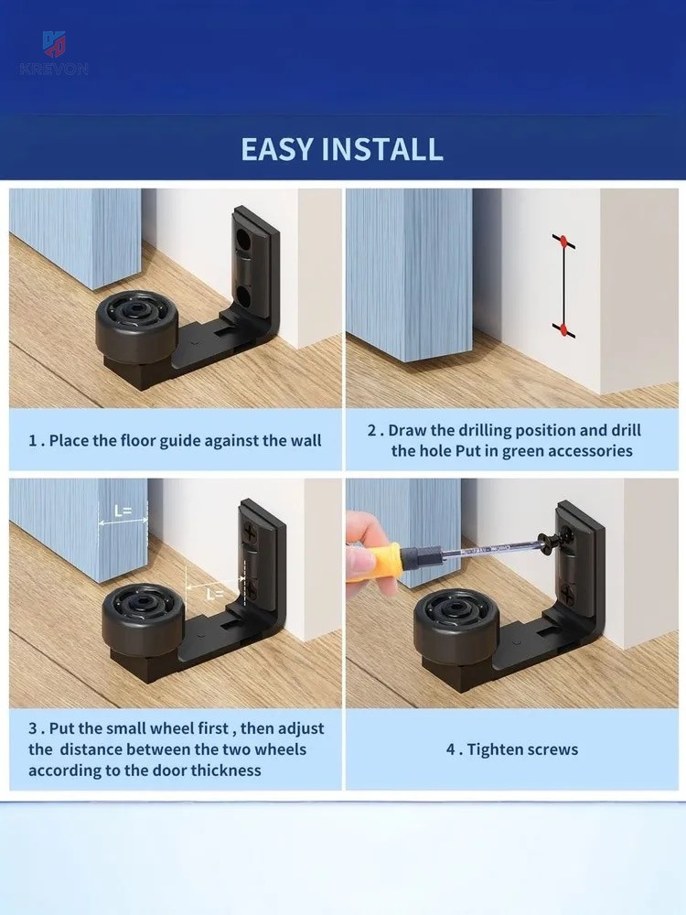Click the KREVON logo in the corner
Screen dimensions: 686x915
click(54, 53)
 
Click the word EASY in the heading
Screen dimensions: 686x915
click(277, 149)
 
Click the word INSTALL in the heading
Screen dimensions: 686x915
click(383, 149)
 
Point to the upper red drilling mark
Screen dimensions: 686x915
click(563, 241)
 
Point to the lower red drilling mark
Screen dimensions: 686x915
click(563, 329)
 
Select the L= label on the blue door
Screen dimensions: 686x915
click(123, 511)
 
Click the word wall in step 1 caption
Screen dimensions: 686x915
click(305, 440)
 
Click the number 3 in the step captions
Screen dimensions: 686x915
click(33, 728)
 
